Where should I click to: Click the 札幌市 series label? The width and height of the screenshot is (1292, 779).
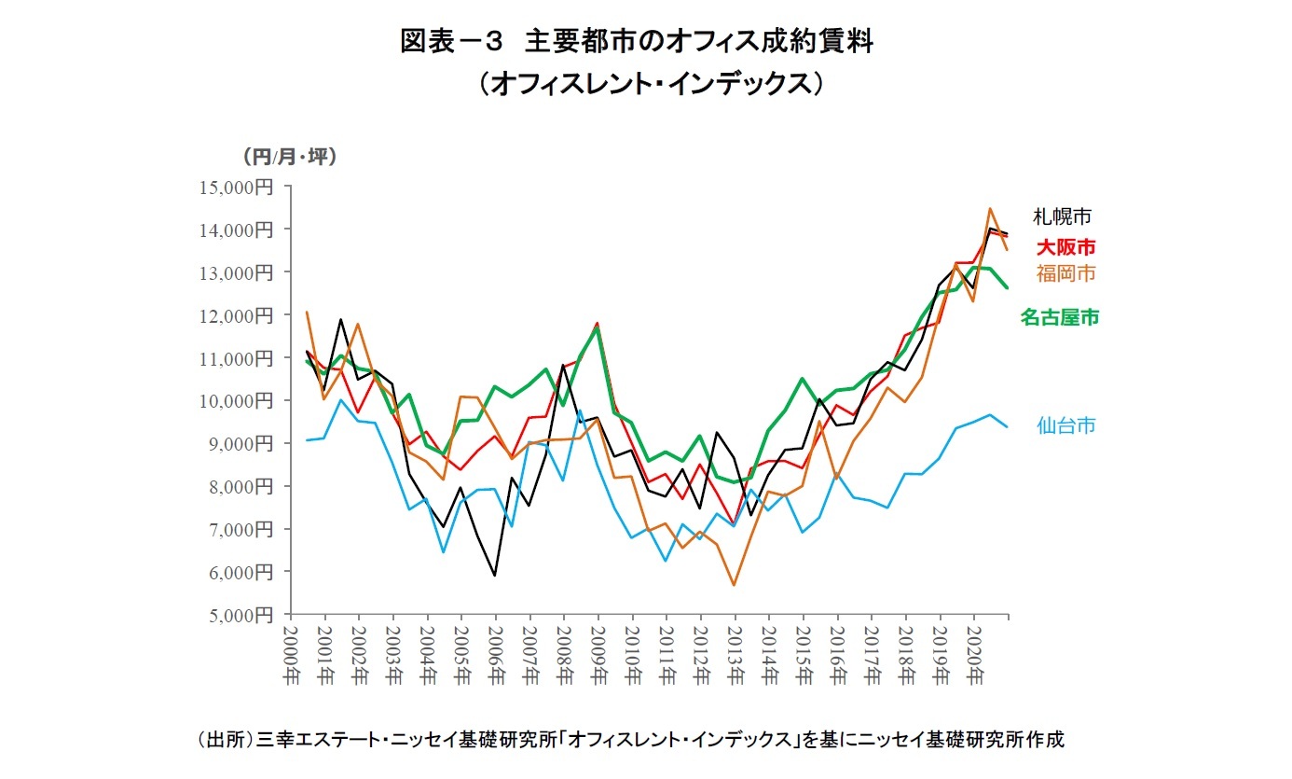[x=1062, y=216]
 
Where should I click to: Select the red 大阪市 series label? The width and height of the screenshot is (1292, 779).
[x=1065, y=247]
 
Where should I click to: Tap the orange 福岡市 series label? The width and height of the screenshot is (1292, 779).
[x=1065, y=273]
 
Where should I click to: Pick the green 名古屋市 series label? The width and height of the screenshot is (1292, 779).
[x=1059, y=318]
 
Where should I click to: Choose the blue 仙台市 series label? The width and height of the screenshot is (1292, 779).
[x=1065, y=426]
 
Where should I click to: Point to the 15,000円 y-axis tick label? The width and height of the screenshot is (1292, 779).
[x=236, y=187]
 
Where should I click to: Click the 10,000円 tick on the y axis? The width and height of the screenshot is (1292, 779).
[x=236, y=400]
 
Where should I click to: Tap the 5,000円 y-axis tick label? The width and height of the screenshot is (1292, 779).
[x=240, y=615]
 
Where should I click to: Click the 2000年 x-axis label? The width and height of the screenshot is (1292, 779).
[x=292, y=654]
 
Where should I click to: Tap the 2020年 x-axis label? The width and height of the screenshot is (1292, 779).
[x=973, y=654]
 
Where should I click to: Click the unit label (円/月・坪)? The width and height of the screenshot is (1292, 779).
[x=288, y=156]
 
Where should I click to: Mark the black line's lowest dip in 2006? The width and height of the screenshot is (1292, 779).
[x=494, y=576]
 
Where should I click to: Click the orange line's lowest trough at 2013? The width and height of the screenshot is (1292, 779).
[x=735, y=585]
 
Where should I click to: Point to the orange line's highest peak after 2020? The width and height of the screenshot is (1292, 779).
[x=990, y=209]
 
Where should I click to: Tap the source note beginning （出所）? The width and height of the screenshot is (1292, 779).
[x=631, y=740]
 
